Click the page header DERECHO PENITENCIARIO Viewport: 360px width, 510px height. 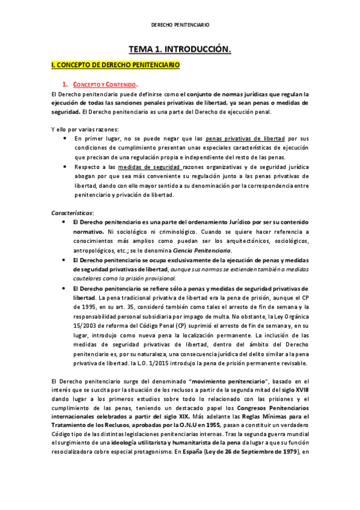point(180,26)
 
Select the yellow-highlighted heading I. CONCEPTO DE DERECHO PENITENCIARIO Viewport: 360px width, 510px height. point(115,64)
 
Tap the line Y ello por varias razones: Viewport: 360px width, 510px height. point(85,129)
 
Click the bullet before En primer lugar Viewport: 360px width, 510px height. point(65,138)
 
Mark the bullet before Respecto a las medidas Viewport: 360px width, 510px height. point(65,167)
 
